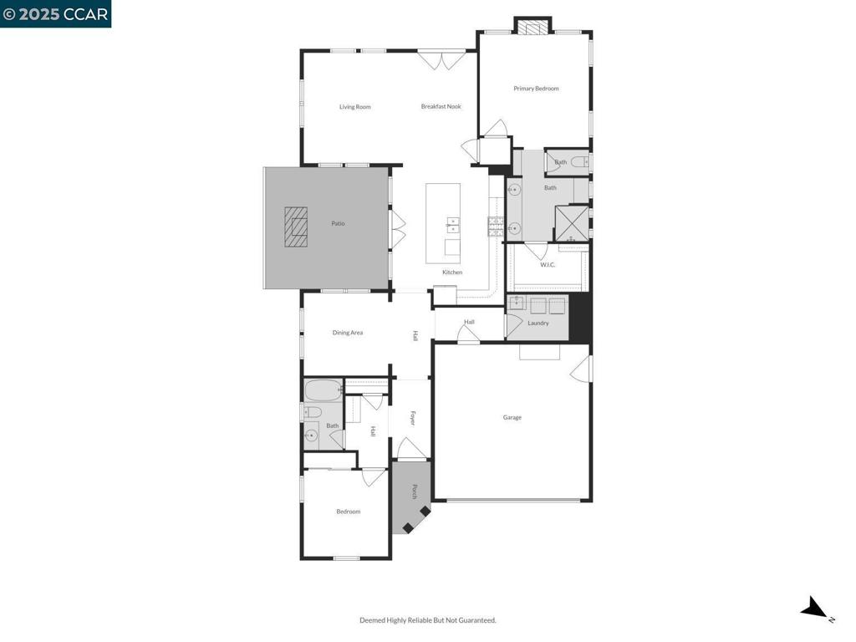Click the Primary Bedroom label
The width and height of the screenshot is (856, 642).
click(536, 89)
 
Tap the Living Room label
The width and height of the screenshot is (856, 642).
click(354, 107)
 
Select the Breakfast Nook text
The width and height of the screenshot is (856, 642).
click(441, 106)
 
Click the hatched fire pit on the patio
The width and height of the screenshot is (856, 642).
click(295, 227)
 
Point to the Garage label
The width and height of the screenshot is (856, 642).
click(512, 417)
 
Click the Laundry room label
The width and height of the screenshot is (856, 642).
click(538, 323)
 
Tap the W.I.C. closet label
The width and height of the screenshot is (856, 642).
click(548, 265)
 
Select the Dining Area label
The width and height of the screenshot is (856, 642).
click(348, 333)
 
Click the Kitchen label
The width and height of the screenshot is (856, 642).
click(452, 273)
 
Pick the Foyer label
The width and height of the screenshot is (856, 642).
click(412, 418)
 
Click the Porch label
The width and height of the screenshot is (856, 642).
click(414, 492)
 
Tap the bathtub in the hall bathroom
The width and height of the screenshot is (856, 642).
click(323, 390)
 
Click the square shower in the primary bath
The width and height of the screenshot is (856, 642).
click(572, 223)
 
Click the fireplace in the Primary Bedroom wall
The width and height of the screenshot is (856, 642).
click(532, 27)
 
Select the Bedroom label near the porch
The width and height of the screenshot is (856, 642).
click(348, 512)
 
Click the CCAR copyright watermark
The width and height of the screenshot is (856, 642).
click(55, 13)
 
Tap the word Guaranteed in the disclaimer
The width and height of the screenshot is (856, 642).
click(476, 620)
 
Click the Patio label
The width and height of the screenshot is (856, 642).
click(337, 223)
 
